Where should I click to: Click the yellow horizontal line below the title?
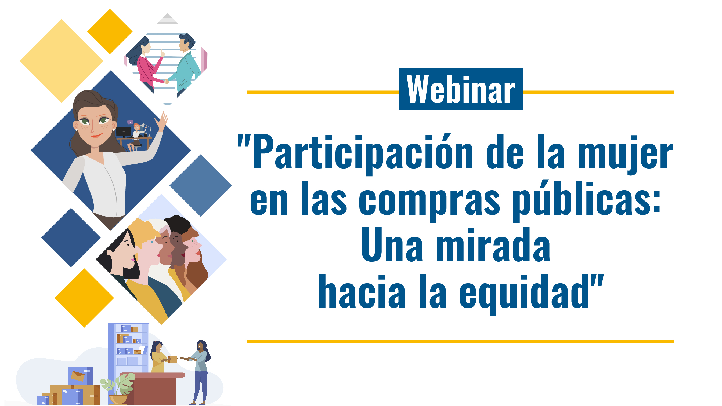460,342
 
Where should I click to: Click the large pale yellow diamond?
62,61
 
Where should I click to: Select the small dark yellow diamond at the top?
110,31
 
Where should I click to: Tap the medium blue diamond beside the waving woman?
201,185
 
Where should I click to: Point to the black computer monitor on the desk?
123,131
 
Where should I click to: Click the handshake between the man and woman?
167,81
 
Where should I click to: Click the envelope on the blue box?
78,376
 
